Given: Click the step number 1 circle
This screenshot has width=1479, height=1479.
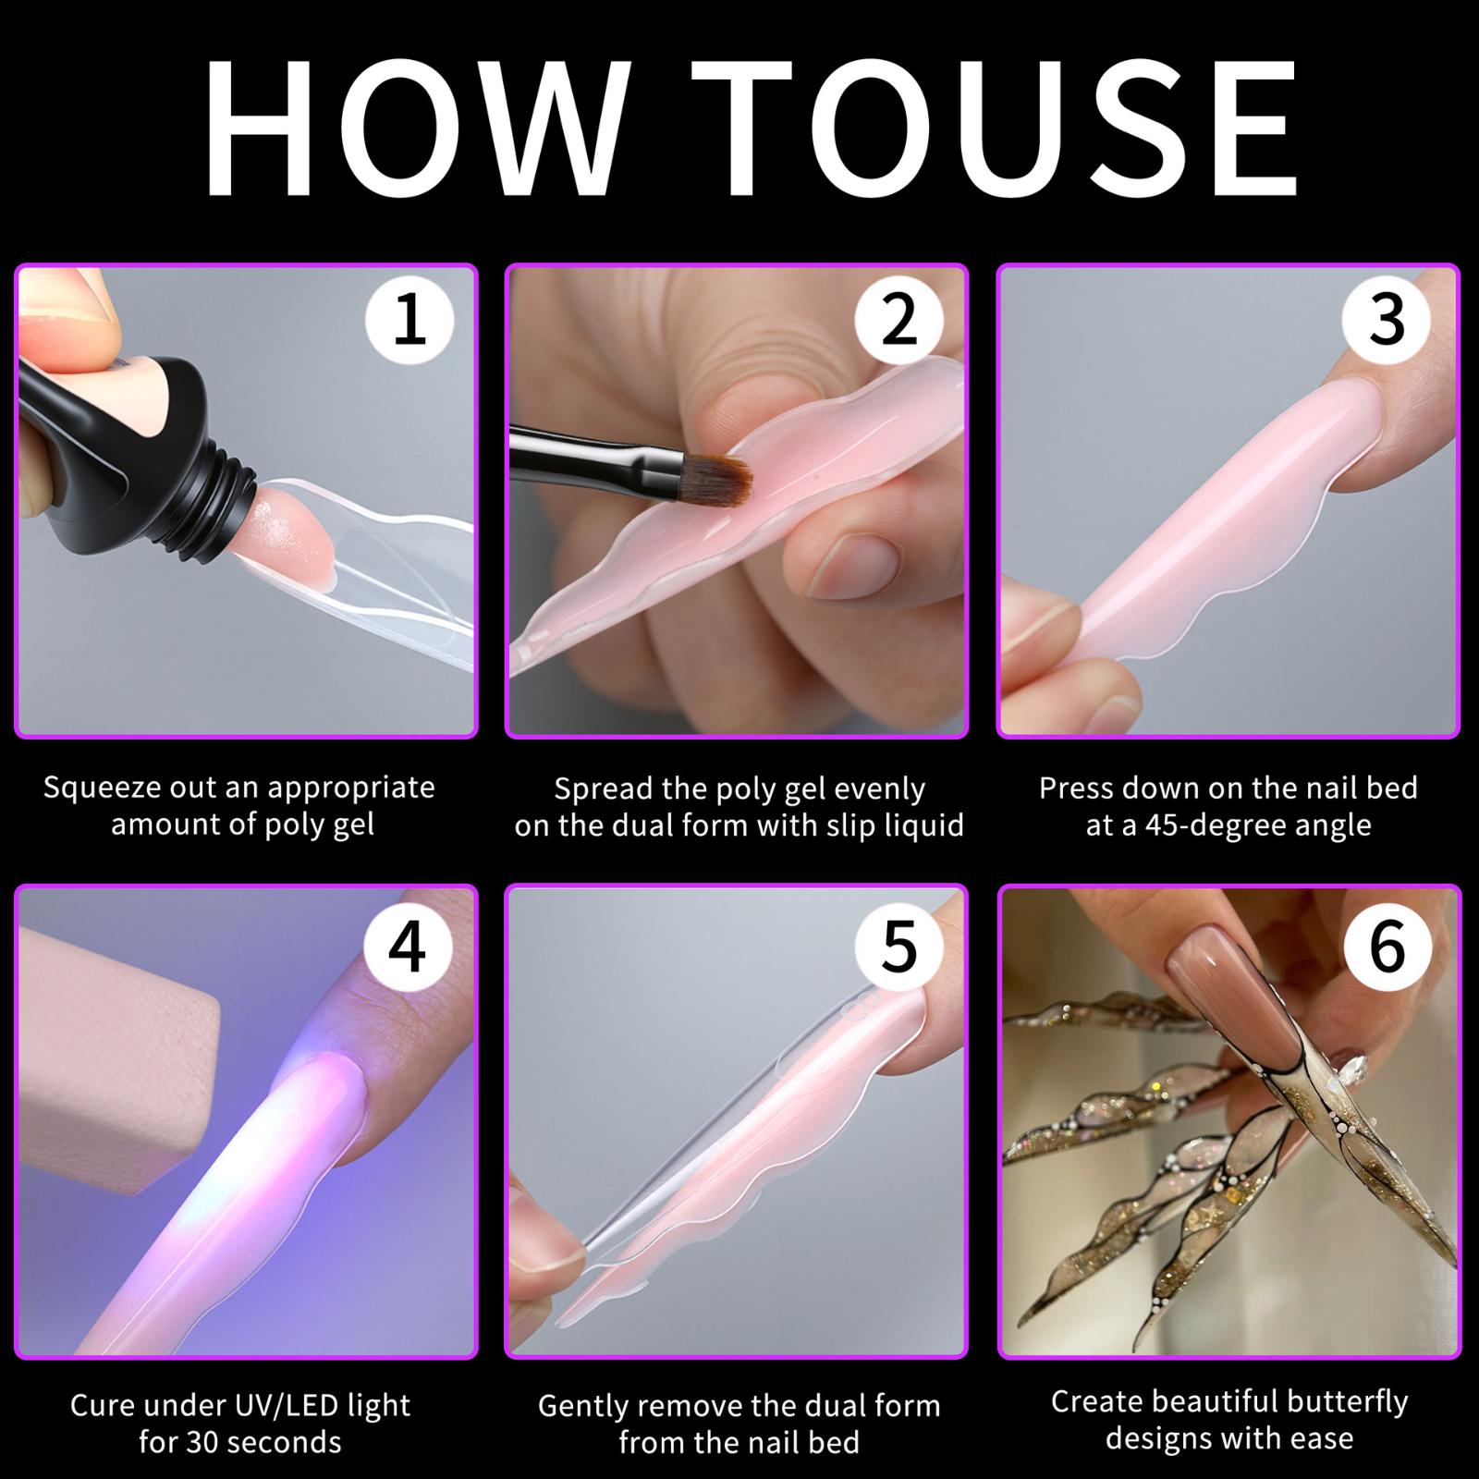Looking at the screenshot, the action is (409, 319).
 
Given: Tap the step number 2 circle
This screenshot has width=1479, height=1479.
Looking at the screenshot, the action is (898, 319).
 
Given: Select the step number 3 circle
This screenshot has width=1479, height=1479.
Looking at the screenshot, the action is (1387, 319).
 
